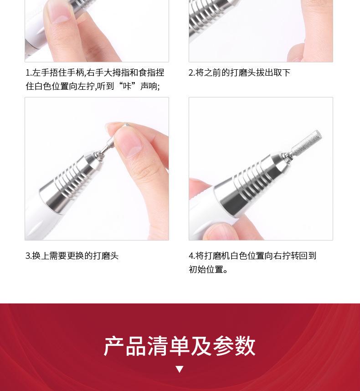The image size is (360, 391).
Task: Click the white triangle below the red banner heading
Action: (x=179, y=369)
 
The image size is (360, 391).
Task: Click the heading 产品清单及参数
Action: (x=180, y=346)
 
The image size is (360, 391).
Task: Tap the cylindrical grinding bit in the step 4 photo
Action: (x=306, y=142)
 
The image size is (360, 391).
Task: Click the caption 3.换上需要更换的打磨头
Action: (x=72, y=256)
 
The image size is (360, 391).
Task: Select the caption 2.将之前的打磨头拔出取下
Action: (x=239, y=72)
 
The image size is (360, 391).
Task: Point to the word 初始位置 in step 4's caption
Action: (x=206, y=270)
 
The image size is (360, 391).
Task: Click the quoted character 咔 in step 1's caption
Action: (x=127, y=86)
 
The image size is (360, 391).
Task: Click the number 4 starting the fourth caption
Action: (x=191, y=256)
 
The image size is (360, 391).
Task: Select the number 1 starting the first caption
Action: (x=27, y=72)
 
